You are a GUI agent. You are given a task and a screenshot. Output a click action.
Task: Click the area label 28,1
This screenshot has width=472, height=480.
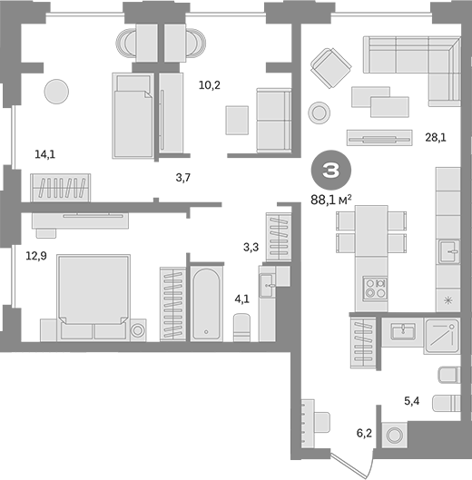[436, 137]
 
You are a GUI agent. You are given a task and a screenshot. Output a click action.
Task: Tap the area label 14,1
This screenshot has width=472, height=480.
[44, 154]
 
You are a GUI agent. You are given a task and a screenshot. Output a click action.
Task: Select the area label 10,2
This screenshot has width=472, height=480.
[210, 84]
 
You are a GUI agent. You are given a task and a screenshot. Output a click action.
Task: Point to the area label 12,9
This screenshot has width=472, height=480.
[36, 256]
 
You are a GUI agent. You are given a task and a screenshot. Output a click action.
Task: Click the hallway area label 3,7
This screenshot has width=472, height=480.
[183, 177]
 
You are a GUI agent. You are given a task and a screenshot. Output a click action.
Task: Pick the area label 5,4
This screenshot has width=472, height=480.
[412, 401]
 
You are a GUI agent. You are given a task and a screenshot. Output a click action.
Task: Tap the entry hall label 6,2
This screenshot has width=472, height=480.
[364, 433]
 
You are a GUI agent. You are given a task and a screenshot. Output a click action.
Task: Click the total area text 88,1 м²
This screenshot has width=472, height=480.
[330, 201]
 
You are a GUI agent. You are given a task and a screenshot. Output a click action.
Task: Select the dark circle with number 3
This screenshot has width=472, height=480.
[331, 170]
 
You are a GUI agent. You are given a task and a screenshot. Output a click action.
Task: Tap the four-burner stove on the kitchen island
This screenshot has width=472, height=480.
[375, 289]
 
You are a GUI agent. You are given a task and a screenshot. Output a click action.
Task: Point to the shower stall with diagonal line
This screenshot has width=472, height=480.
[442, 337]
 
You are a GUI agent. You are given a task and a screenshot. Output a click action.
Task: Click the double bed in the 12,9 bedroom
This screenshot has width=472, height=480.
[93, 297]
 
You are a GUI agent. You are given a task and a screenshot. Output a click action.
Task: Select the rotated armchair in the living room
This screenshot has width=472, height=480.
[330, 68]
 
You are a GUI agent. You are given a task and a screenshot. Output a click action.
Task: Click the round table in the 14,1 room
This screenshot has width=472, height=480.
[56, 92]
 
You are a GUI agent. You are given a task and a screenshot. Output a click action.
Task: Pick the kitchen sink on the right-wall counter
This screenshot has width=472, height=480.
[449, 251]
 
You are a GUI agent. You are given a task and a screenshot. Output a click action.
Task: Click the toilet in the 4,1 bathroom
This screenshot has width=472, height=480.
[241, 327]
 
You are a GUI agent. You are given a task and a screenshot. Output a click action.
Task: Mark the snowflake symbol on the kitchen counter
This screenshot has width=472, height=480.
[448, 300]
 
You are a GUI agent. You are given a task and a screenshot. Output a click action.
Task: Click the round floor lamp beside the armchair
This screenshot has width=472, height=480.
[320, 113]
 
